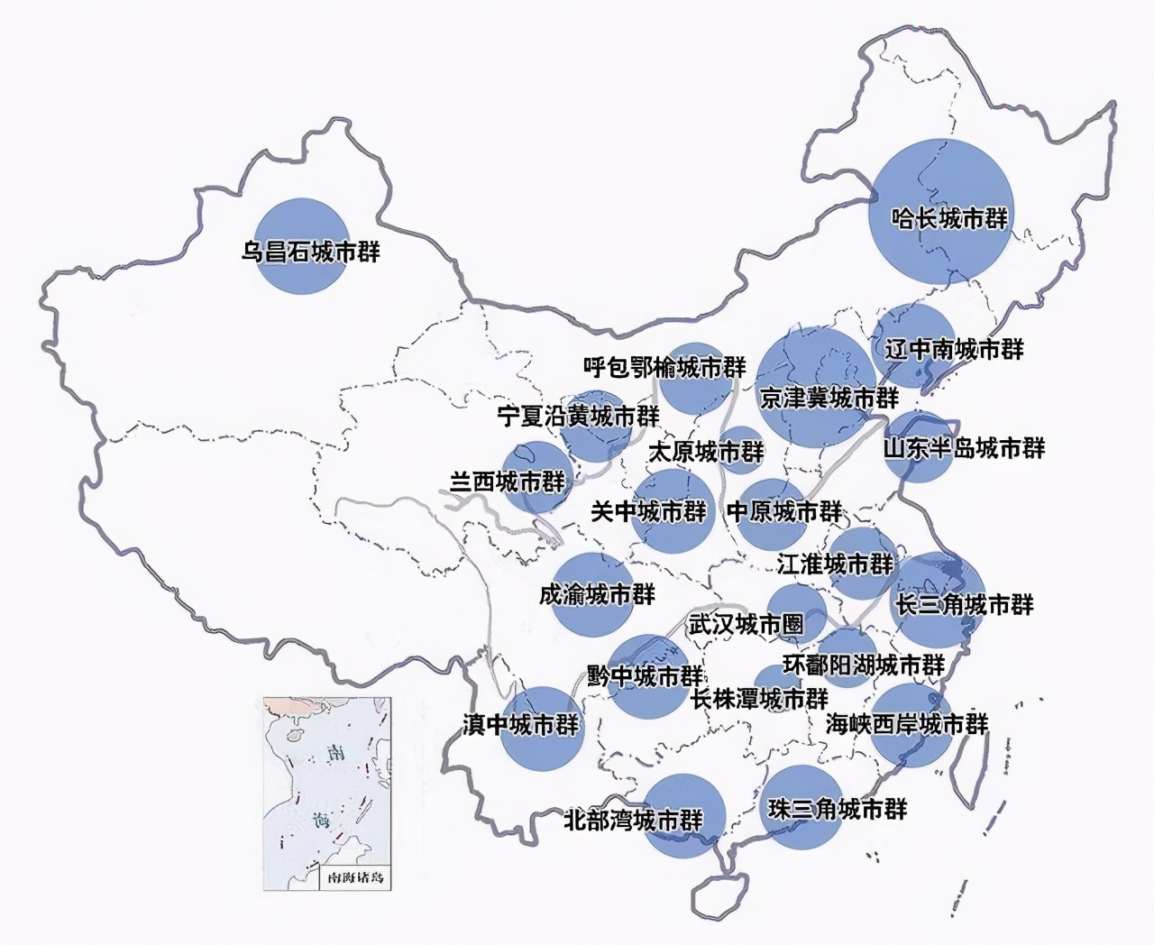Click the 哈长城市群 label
(x=949, y=218)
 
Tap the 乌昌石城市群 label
(x=310, y=251)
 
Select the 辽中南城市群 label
(x=954, y=349)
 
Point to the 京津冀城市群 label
(x=829, y=398)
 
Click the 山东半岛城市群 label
(x=964, y=447)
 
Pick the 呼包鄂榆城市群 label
(x=664, y=367)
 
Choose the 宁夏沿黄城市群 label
(x=578, y=416)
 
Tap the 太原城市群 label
(x=706, y=451)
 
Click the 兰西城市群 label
(x=508, y=482)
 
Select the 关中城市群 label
(x=648, y=511)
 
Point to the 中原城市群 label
(x=784, y=511)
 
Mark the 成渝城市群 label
(x=597, y=594)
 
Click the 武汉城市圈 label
(x=745, y=623)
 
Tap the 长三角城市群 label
(x=964, y=604)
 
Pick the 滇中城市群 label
(x=520, y=724)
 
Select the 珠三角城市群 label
(x=837, y=809)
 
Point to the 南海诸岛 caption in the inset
(x=354, y=876)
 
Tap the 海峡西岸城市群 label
(x=907, y=723)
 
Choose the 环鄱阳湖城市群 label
(x=863, y=665)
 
